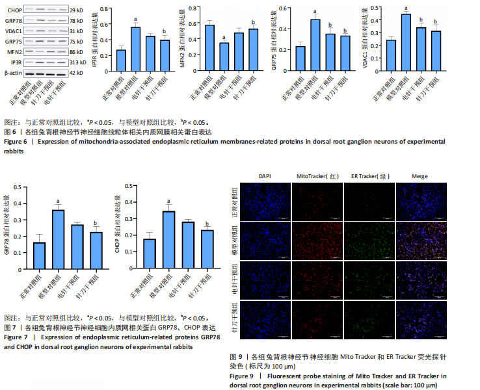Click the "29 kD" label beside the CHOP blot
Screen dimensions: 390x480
[76, 12]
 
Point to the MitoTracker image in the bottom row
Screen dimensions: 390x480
[317, 320]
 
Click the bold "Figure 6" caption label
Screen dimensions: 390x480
[16, 142]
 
